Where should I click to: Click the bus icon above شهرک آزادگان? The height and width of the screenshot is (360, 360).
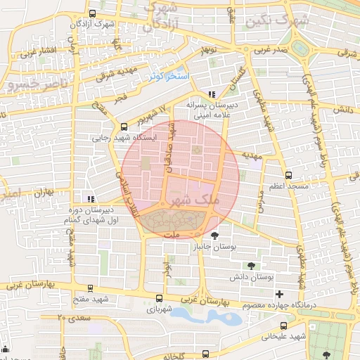click(94, 13)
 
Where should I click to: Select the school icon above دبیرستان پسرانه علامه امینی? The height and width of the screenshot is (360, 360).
click(212, 94)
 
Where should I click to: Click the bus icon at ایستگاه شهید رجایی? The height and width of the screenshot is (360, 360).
click(124, 127)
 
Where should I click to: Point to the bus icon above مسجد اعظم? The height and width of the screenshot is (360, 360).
click(288, 175)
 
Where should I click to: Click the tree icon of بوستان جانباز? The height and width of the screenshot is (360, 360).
click(214, 236)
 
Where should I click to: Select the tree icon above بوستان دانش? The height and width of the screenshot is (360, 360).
click(252, 266)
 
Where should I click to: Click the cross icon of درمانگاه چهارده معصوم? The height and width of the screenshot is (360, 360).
click(280, 294)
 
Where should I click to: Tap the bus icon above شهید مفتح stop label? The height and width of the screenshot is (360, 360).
click(89, 288)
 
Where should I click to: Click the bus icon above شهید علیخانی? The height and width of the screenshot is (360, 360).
click(283, 326)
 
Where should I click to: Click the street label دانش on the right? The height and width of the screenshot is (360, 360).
click(342, 110)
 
